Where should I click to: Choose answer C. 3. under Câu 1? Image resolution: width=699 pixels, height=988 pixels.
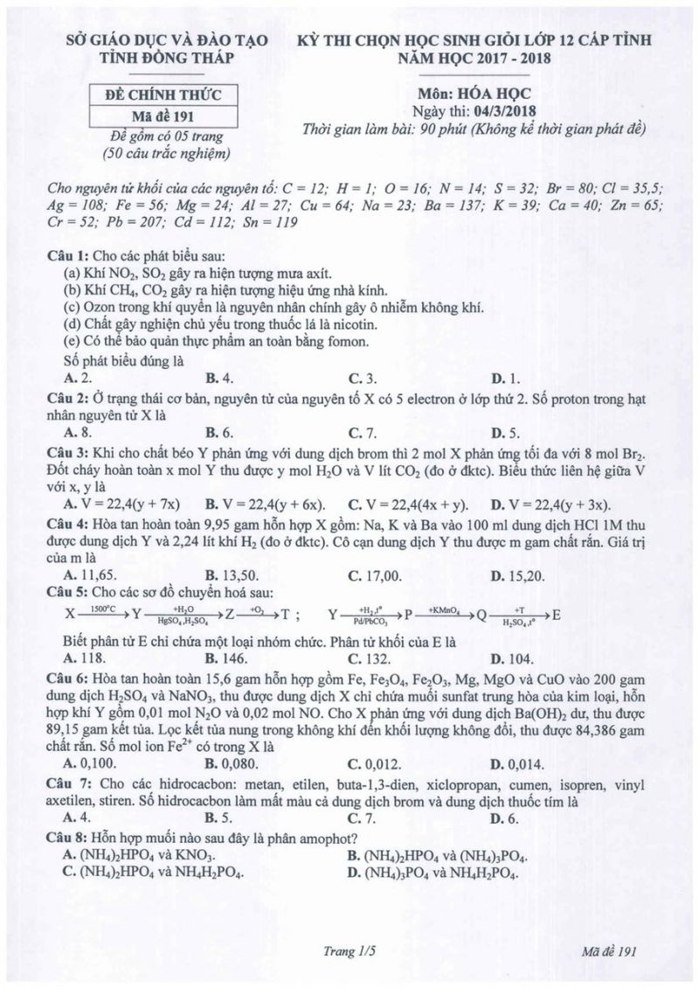coord(363,379)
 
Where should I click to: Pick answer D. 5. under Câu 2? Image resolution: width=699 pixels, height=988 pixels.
coord(506,432)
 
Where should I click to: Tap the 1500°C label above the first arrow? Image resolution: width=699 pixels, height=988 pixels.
coord(101,606)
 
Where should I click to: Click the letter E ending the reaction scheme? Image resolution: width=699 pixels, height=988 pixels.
coord(557,614)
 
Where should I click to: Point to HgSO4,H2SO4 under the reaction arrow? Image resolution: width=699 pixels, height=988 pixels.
coord(183,621)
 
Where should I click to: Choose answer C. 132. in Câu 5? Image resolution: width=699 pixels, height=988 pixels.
coord(366,658)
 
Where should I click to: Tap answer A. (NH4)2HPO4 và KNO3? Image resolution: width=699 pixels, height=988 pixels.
coord(140,855)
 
